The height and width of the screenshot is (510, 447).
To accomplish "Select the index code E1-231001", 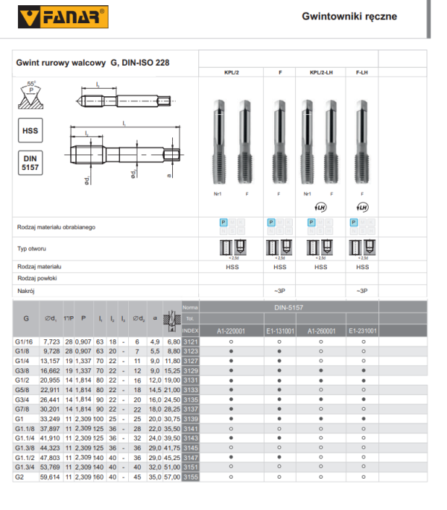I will point(363,330).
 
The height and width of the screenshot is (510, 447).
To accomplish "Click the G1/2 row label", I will point(25,380).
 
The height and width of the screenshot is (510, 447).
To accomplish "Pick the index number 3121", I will point(191,341).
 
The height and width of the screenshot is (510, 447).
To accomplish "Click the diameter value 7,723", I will point(52,341).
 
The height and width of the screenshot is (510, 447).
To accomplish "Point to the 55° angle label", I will point(30,84).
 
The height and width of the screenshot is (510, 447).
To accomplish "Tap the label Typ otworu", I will point(31,248).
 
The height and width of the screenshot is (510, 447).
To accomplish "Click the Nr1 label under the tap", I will point(217,194).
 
